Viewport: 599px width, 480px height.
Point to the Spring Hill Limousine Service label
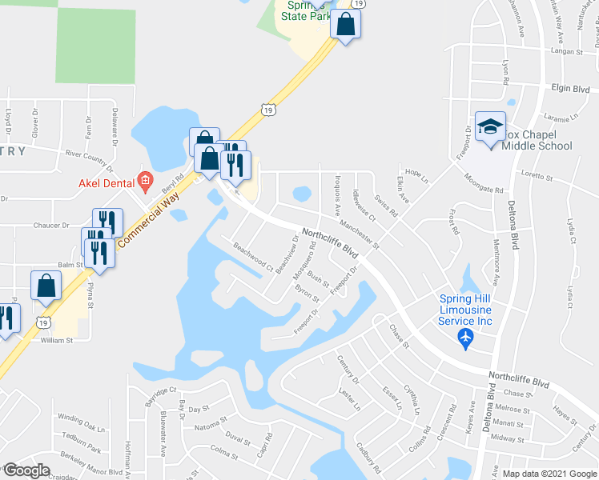[466, 310]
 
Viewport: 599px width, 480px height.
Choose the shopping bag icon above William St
[46, 286]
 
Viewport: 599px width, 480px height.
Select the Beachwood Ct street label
[253, 255]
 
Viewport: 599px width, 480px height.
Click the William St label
[57, 340]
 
